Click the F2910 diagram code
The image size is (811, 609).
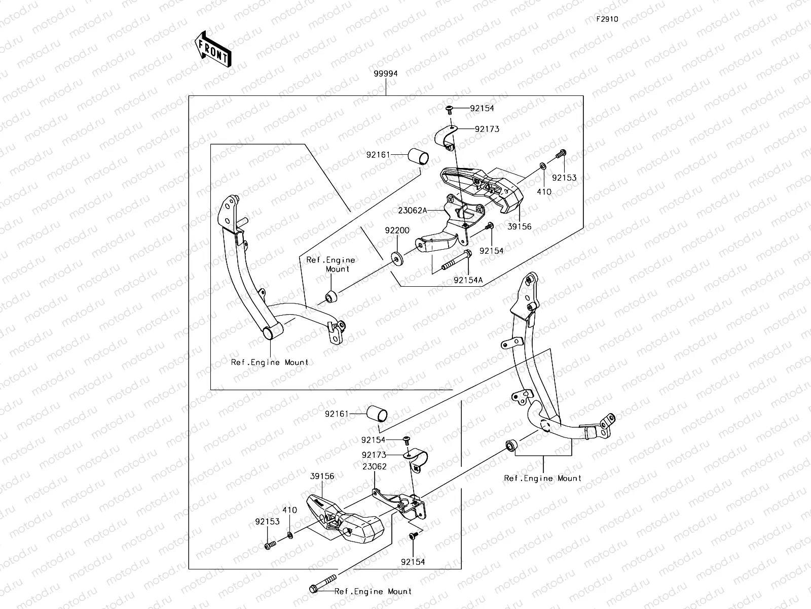(x=607, y=20)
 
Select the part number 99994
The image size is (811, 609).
(x=386, y=74)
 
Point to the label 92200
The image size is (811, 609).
(x=397, y=230)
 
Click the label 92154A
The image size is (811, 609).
(x=468, y=280)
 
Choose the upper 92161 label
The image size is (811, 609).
(x=378, y=154)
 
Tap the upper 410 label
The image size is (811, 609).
(x=544, y=192)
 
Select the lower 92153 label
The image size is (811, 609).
(x=267, y=521)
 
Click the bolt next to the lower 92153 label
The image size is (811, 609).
(x=269, y=546)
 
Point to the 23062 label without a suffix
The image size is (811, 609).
(x=374, y=466)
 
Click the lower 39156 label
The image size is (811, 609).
(x=322, y=477)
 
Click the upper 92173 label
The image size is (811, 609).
(x=487, y=129)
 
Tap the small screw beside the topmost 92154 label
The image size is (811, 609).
(x=450, y=109)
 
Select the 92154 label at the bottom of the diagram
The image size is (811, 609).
(x=413, y=562)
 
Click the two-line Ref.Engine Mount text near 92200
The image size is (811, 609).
(x=330, y=264)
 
